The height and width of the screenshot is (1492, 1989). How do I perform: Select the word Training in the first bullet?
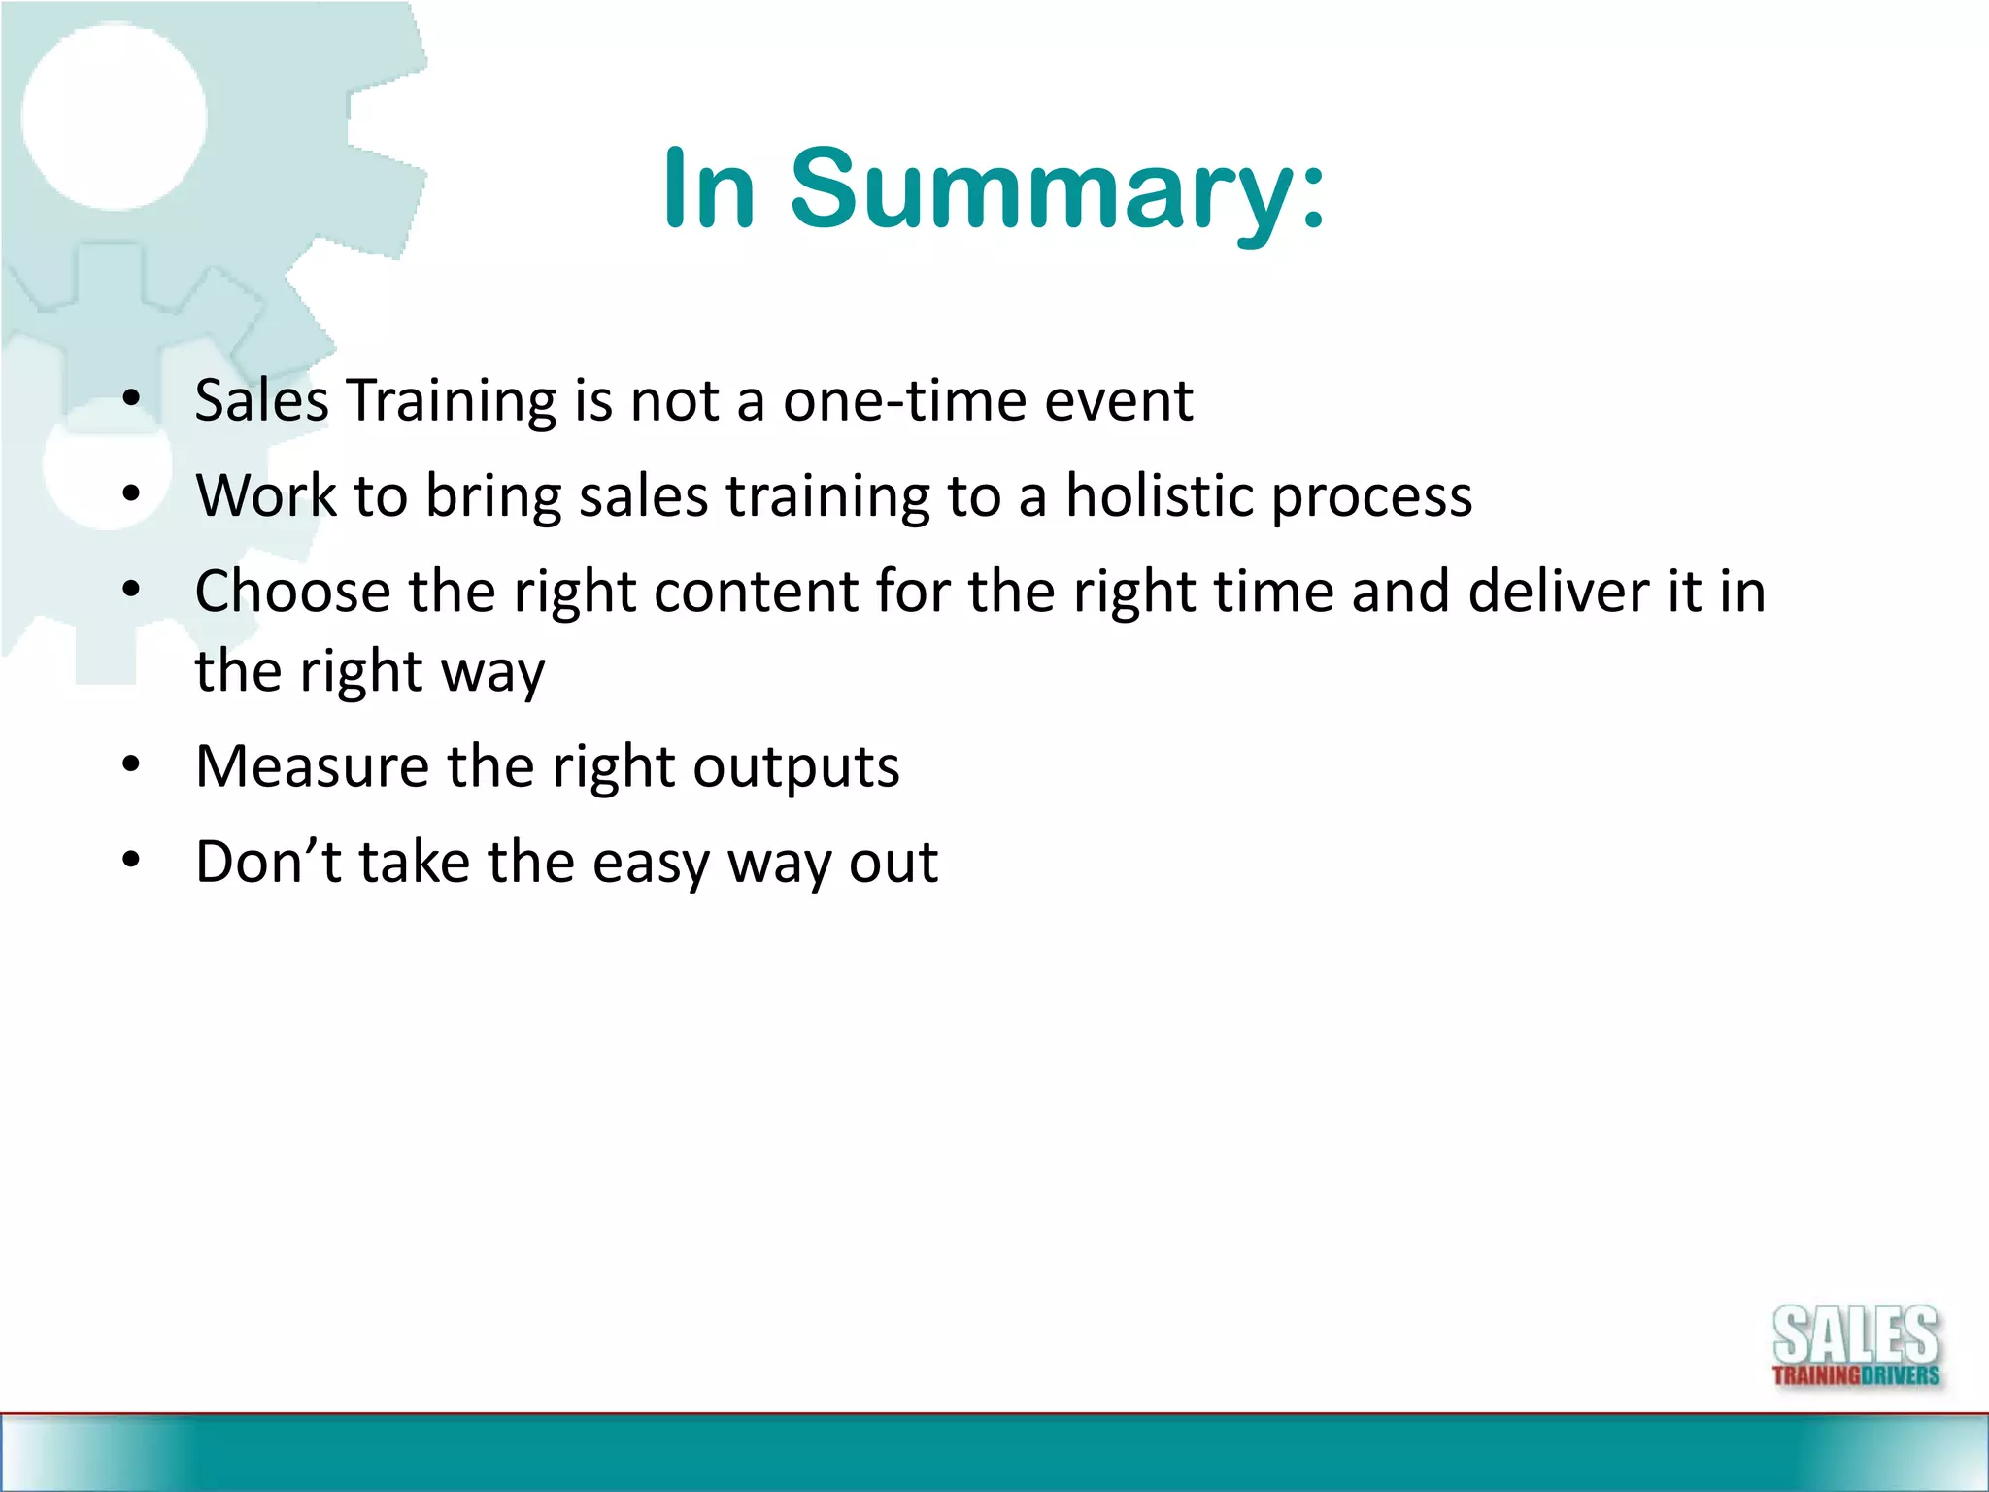pos(452,400)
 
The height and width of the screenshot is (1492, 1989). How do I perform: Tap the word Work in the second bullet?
pos(264,495)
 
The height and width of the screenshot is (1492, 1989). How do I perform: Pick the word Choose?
pos(291,591)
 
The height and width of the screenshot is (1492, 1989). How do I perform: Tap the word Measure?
pos(312,766)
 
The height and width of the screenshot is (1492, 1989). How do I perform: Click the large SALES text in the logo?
pos(1856,1337)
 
